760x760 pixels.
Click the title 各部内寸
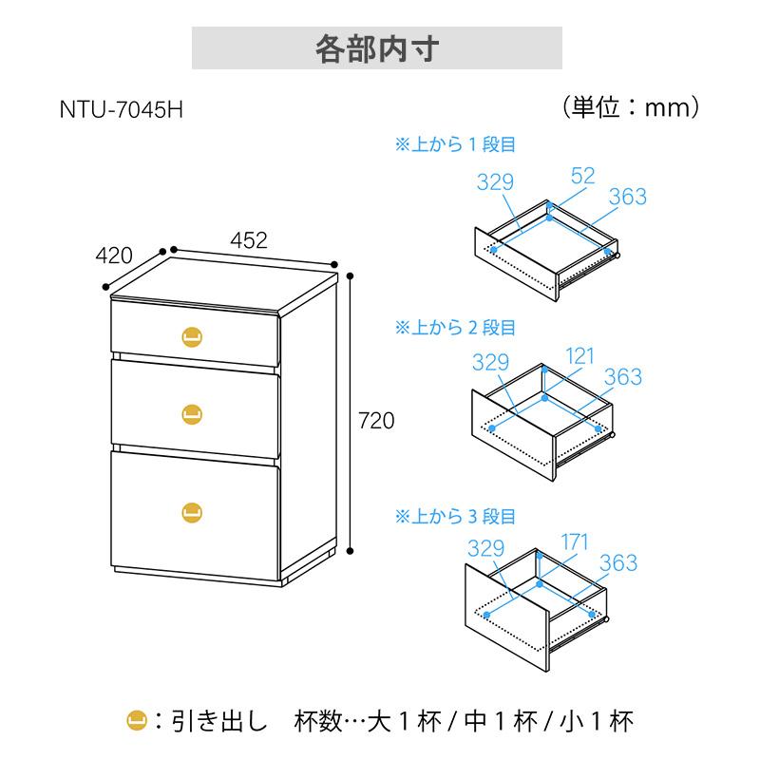(377, 49)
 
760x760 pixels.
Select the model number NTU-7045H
(122, 109)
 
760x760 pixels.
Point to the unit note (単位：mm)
(631, 107)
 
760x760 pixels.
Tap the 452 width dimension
(249, 240)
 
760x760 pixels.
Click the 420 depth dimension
(114, 256)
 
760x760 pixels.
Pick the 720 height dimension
(376, 421)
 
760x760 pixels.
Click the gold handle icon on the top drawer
(192, 337)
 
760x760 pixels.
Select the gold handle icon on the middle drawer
(192, 414)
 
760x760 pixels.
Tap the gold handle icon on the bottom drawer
(192, 513)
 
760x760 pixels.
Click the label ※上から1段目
(455, 144)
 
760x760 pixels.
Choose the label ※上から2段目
(455, 328)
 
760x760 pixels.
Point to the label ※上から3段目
(455, 516)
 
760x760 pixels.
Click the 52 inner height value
(582, 176)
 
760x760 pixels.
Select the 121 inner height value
(579, 356)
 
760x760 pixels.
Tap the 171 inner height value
(575, 541)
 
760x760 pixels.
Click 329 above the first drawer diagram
(495, 182)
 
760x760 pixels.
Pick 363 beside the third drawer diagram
(618, 562)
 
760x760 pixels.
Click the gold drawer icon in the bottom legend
(137, 721)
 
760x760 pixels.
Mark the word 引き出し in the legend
(219, 721)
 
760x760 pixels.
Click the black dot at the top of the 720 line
(351, 276)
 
